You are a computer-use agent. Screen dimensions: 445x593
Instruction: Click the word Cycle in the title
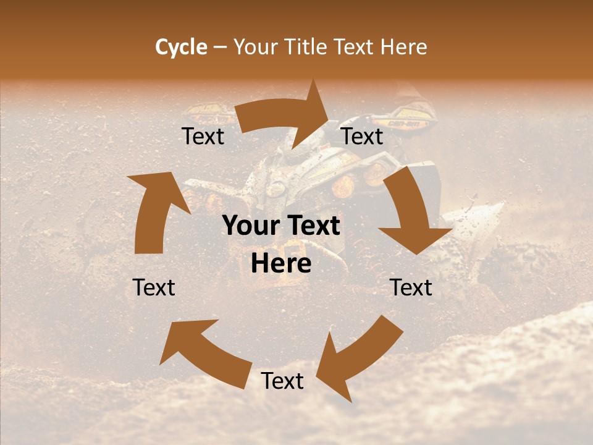pyautogui.click(x=181, y=47)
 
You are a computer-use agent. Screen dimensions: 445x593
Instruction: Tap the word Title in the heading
pyautogui.click(x=307, y=47)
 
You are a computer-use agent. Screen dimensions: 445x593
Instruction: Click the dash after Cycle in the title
pyautogui.click(x=220, y=48)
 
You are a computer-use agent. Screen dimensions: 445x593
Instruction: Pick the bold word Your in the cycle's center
pyautogui.click(x=250, y=226)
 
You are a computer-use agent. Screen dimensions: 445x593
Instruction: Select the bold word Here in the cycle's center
pyautogui.click(x=281, y=264)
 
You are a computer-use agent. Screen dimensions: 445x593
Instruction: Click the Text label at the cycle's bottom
pyautogui.click(x=282, y=381)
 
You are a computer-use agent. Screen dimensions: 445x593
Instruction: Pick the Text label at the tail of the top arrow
pyautogui.click(x=203, y=137)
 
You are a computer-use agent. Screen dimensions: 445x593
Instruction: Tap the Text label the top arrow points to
pyautogui.click(x=362, y=137)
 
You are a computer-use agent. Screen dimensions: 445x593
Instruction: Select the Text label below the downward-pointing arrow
pyautogui.click(x=411, y=287)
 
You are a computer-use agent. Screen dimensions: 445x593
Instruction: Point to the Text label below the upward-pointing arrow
pyautogui.click(x=154, y=287)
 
